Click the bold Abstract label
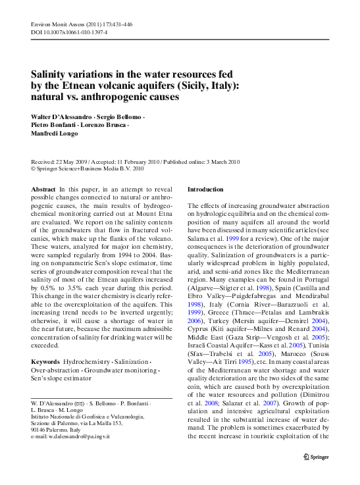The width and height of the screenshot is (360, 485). [43, 190]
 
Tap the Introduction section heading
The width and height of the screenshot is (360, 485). [206, 190]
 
